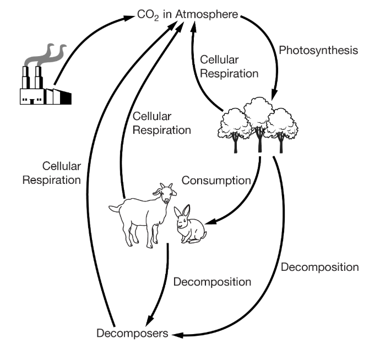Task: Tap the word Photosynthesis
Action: click(x=319, y=50)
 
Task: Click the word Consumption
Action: click(x=216, y=181)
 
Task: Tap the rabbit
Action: click(x=189, y=226)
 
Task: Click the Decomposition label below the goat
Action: click(x=212, y=282)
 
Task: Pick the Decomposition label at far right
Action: click(x=320, y=268)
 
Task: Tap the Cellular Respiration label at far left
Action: click(x=52, y=172)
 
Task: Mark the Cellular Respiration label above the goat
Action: click(x=161, y=123)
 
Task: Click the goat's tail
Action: click(x=113, y=208)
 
